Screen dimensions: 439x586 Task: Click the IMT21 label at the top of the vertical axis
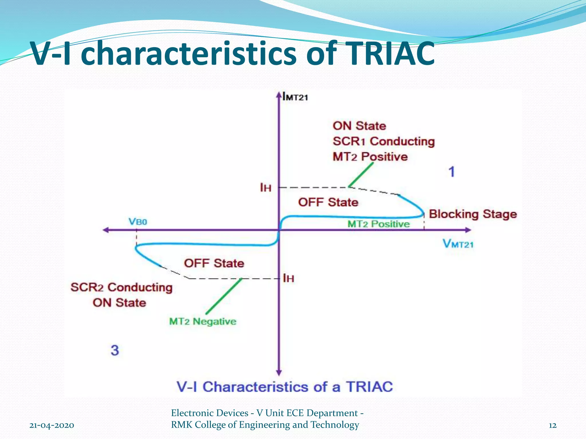pyautogui.click(x=295, y=97)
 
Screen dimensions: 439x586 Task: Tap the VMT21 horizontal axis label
pyautogui.click(x=458, y=244)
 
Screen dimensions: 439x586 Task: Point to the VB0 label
pyautogui.click(x=138, y=222)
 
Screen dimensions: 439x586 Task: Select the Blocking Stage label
pyautogui.click(x=473, y=214)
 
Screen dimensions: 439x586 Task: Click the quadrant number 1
pyautogui.click(x=452, y=172)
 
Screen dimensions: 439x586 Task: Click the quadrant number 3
pyautogui.click(x=115, y=350)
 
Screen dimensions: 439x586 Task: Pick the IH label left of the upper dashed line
pyautogui.click(x=266, y=188)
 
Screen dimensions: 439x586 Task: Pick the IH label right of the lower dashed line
pyautogui.click(x=288, y=278)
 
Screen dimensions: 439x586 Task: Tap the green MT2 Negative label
pyautogui.click(x=203, y=322)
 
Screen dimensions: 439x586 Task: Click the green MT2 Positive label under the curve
pyautogui.click(x=378, y=224)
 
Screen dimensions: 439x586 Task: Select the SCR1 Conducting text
pyautogui.click(x=383, y=141)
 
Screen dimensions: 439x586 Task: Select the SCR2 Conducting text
pyautogui.click(x=122, y=287)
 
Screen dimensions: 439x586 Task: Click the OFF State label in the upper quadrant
pyautogui.click(x=328, y=202)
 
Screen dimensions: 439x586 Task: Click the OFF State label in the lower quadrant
pyautogui.click(x=214, y=263)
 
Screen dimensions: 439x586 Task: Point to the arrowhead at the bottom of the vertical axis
pyautogui.click(x=279, y=373)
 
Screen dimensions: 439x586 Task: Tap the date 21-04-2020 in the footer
pyautogui.click(x=52, y=425)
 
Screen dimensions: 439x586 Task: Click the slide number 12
pyautogui.click(x=553, y=425)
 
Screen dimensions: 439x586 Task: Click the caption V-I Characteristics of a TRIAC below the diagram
pyautogui.click(x=285, y=387)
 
